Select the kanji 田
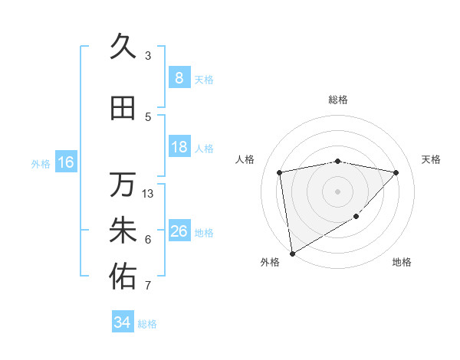123,108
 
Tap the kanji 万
123,185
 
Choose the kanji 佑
123,277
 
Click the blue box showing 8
179,78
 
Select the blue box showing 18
179,147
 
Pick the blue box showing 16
65,162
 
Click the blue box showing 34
122,322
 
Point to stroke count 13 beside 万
148,193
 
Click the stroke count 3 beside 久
148,56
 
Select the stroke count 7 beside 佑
148,286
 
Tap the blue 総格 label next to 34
147,324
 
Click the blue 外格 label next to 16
40,163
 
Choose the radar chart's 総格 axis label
338,100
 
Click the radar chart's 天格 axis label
431,159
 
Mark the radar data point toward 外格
291,253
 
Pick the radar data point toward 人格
280,172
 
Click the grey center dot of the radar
337,191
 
